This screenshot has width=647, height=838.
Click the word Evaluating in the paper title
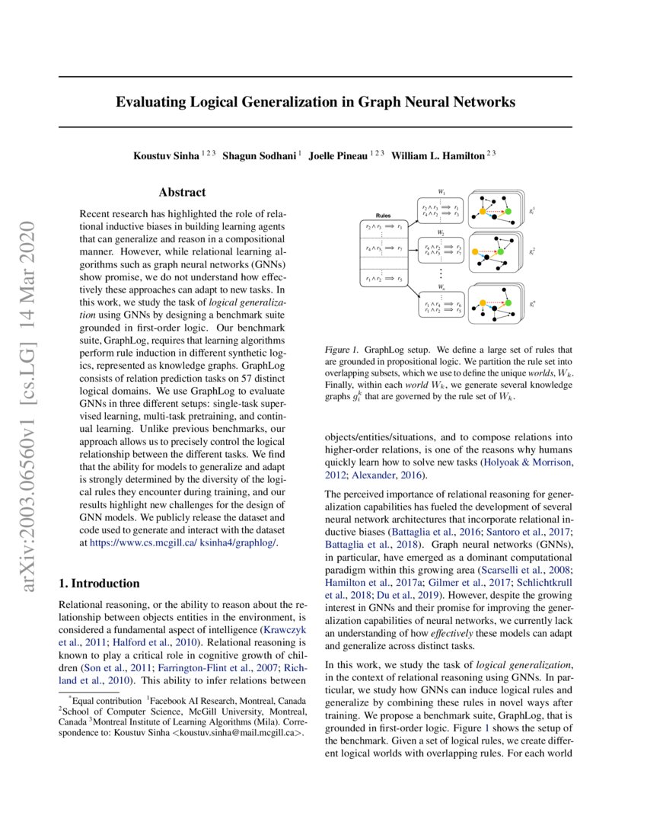pyautogui.click(x=148, y=102)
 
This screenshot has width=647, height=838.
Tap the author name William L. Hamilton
pyautogui.click(x=438, y=155)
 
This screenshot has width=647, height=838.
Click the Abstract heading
pyautogui.click(x=182, y=193)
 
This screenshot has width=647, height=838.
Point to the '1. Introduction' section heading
pyautogui.click(x=99, y=584)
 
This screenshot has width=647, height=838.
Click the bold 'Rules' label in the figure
pyautogui.click(x=384, y=216)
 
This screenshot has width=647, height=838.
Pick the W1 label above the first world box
pyautogui.click(x=441, y=192)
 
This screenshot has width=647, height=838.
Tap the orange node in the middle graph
pyautogui.click(x=475, y=252)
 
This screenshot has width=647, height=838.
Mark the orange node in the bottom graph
pyautogui.click(x=483, y=302)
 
